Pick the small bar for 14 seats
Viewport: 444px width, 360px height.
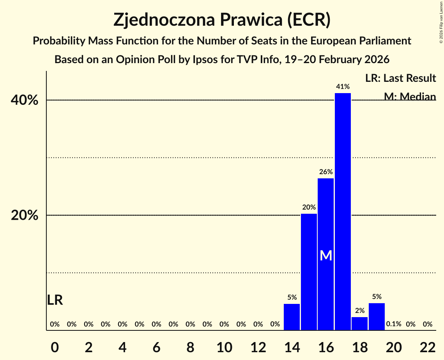click(292, 317)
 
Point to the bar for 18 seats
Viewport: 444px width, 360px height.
click(359, 323)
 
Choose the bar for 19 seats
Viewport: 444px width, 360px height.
click(377, 316)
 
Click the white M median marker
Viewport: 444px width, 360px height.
click(326, 256)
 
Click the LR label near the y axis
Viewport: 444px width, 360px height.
click(55, 300)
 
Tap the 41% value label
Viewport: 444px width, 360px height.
click(343, 86)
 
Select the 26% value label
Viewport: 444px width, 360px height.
click(326, 172)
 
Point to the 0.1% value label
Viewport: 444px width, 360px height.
click(393, 324)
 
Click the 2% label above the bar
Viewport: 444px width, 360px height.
click(360, 311)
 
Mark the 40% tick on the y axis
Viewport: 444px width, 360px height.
click(25, 101)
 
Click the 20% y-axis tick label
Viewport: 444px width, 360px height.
click(25, 215)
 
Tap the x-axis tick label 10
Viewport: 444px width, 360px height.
click(224, 347)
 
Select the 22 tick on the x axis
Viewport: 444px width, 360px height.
click(428, 347)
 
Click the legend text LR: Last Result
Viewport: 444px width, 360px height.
click(400, 78)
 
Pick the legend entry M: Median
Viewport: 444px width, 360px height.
click(410, 96)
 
